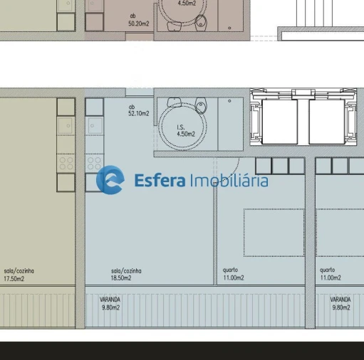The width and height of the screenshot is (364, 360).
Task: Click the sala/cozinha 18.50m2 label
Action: [126, 275]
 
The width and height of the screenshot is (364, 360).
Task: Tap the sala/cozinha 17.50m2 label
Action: [19, 275]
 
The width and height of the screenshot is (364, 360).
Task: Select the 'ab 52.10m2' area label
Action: [138, 110]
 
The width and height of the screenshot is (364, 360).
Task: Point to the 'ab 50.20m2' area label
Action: [138, 20]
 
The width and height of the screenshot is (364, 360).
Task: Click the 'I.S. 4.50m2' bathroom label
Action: [184, 129]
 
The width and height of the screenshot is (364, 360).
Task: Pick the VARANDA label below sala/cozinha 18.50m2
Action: [110, 304]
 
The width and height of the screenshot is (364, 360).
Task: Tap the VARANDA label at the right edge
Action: [340, 304]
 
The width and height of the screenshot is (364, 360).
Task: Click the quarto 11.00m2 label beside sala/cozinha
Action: [233, 274]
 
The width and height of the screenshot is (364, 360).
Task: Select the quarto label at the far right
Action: [330, 274]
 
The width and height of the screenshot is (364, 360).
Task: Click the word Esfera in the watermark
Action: [160, 181]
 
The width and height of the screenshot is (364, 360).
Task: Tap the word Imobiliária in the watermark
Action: [229, 181]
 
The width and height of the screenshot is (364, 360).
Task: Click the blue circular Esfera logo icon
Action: [110, 180]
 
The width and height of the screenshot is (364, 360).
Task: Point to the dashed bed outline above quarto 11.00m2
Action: [274, 232]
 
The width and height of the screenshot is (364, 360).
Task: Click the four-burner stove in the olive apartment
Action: [66, 163]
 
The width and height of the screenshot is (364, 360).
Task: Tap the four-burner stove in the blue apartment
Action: [94, 163]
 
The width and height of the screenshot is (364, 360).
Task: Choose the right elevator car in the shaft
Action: [326, 122]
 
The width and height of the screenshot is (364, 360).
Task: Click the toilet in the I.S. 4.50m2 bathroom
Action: [201, 107]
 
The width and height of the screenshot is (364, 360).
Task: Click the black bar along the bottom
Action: [182, 350]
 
